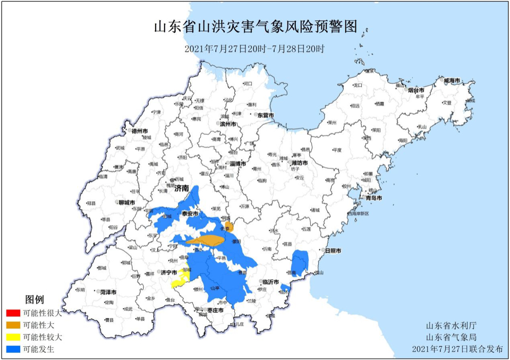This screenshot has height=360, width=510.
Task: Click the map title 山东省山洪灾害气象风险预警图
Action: tap(255, 27)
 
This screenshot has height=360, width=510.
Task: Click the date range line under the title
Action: tap(254, 48)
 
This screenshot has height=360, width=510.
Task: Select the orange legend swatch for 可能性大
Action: tap(13, 325)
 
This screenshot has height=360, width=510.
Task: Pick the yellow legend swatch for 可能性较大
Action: tap(13, 337)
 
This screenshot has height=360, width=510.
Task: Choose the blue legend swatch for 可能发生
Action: tap(13, 349)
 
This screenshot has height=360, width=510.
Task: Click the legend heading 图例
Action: tap(35, 299)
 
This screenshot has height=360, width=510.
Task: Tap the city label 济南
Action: tap(182, 188)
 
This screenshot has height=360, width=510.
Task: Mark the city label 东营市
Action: tap(265, 115)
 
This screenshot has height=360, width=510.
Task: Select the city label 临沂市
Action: tap(271, 282)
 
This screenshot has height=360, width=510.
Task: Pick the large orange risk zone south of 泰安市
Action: tap(210, 241)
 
